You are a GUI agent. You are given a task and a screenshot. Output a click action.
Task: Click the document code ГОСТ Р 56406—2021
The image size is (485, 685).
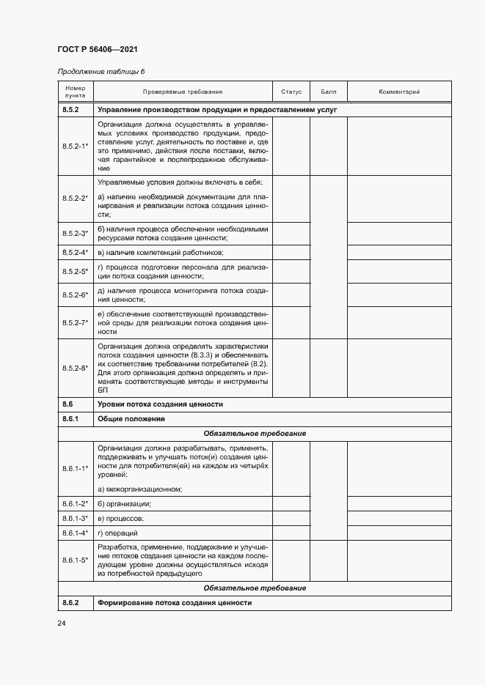[97, 50]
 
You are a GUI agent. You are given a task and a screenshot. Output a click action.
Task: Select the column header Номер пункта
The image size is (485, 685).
[75, 92]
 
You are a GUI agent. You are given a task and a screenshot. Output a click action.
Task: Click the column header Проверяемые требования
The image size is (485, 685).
[182, 92]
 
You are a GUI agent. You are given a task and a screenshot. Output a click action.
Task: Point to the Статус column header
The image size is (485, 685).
[291, 92]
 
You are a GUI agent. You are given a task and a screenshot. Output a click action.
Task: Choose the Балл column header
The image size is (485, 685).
[328, 92]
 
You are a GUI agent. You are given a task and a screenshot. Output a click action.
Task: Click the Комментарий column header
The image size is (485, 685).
[398, 92]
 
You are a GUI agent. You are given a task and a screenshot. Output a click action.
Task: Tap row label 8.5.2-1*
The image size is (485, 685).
[75, 147]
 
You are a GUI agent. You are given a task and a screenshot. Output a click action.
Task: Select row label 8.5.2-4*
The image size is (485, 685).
[75, 252]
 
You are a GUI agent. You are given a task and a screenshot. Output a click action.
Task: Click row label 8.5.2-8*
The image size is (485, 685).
[75, 368]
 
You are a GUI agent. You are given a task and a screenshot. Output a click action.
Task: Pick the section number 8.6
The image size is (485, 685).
[68, 404]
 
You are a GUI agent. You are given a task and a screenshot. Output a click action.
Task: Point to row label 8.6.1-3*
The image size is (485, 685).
[75, 518]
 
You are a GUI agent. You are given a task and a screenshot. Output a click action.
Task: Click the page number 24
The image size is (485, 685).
[62, 623]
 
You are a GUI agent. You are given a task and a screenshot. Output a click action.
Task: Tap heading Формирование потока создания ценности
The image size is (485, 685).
[174, 602]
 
